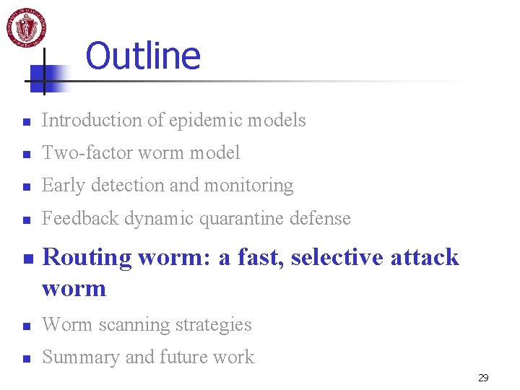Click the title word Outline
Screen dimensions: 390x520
point(143,56)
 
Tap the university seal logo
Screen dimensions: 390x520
point(27,27)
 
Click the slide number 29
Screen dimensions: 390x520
point(483,378)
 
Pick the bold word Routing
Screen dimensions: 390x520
point(86,258)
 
